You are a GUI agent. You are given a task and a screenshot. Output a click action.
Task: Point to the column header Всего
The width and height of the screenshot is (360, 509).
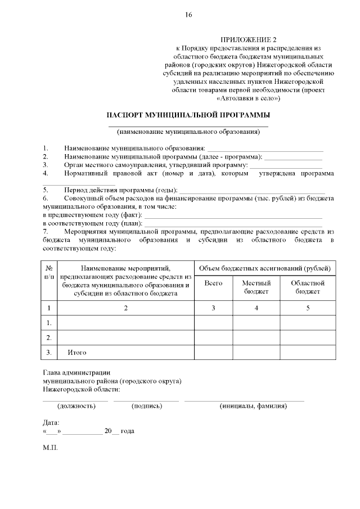tap(213, 283)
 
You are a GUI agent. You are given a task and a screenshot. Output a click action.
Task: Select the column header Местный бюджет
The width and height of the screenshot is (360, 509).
tap(256, 287)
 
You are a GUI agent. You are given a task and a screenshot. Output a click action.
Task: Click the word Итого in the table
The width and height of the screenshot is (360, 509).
tap(76, 353)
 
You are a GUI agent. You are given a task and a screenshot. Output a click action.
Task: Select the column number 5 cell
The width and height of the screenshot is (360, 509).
tap(308, 308)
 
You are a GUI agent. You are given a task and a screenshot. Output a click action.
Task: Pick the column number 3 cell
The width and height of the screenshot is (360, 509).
tap(213, 308)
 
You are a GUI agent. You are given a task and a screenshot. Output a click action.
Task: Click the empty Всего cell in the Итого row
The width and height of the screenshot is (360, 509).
tap(213, 353)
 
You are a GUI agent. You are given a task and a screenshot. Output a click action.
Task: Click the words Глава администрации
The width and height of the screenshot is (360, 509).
tap(76, 373)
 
